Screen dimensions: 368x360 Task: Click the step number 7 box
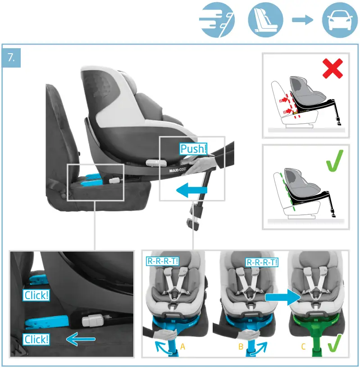[x=11, y=58]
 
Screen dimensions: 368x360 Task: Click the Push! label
[x=194, y=149]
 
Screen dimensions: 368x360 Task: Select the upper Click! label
[x=36, y=295]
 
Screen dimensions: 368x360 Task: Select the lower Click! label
[x=36, y=339]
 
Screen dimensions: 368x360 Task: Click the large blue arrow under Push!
[x=191, y=191]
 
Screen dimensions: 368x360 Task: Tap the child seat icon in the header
[x=265, y=20]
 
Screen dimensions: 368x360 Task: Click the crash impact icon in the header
[x=217, y=20]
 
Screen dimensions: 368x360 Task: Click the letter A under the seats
[x=182, y=347]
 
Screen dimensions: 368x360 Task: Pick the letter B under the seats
[x=241, y=347]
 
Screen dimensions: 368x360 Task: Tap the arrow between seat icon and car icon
[x=302, y=20]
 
